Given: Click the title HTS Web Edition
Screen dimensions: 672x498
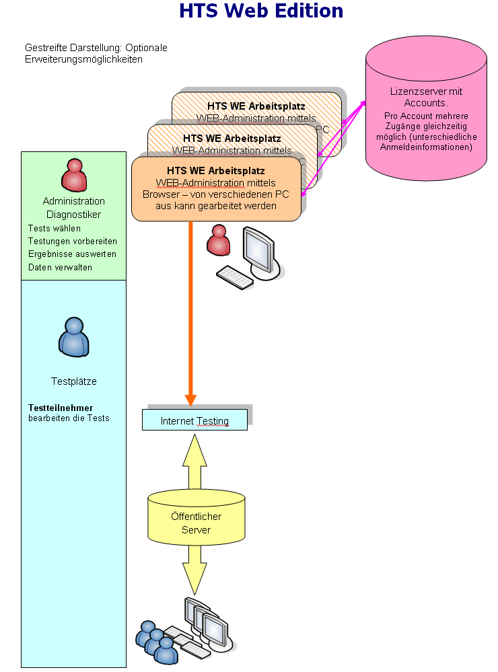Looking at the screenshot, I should tap(261, 11).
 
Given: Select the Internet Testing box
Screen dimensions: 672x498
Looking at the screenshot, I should tap(194, 421).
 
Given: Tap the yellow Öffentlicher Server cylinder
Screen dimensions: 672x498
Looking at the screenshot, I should tap(196, 518).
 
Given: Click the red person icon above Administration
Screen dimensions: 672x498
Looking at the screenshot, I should tap(74, 176).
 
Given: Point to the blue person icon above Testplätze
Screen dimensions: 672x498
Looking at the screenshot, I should tap(73, 336).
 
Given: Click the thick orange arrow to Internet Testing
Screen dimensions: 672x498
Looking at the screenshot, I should tap(190, 309).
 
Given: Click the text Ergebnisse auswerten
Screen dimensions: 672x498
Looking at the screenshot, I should tap(72, 254).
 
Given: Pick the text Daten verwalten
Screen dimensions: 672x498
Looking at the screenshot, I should tap(61, 267).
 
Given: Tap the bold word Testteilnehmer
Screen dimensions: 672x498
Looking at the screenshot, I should tap(61, 408).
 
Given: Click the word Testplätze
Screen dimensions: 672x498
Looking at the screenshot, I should tap(74, 381).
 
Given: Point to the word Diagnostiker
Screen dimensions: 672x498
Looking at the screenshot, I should tap(74, 215).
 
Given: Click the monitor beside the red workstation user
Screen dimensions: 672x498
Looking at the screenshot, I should tap(260, 250).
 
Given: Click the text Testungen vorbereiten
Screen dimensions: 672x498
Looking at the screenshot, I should tap(73, 241).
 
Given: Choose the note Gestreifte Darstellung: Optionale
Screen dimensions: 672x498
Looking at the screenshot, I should tap(96, 48).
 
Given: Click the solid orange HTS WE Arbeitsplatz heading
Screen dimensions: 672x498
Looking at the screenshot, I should tap(216, 171).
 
